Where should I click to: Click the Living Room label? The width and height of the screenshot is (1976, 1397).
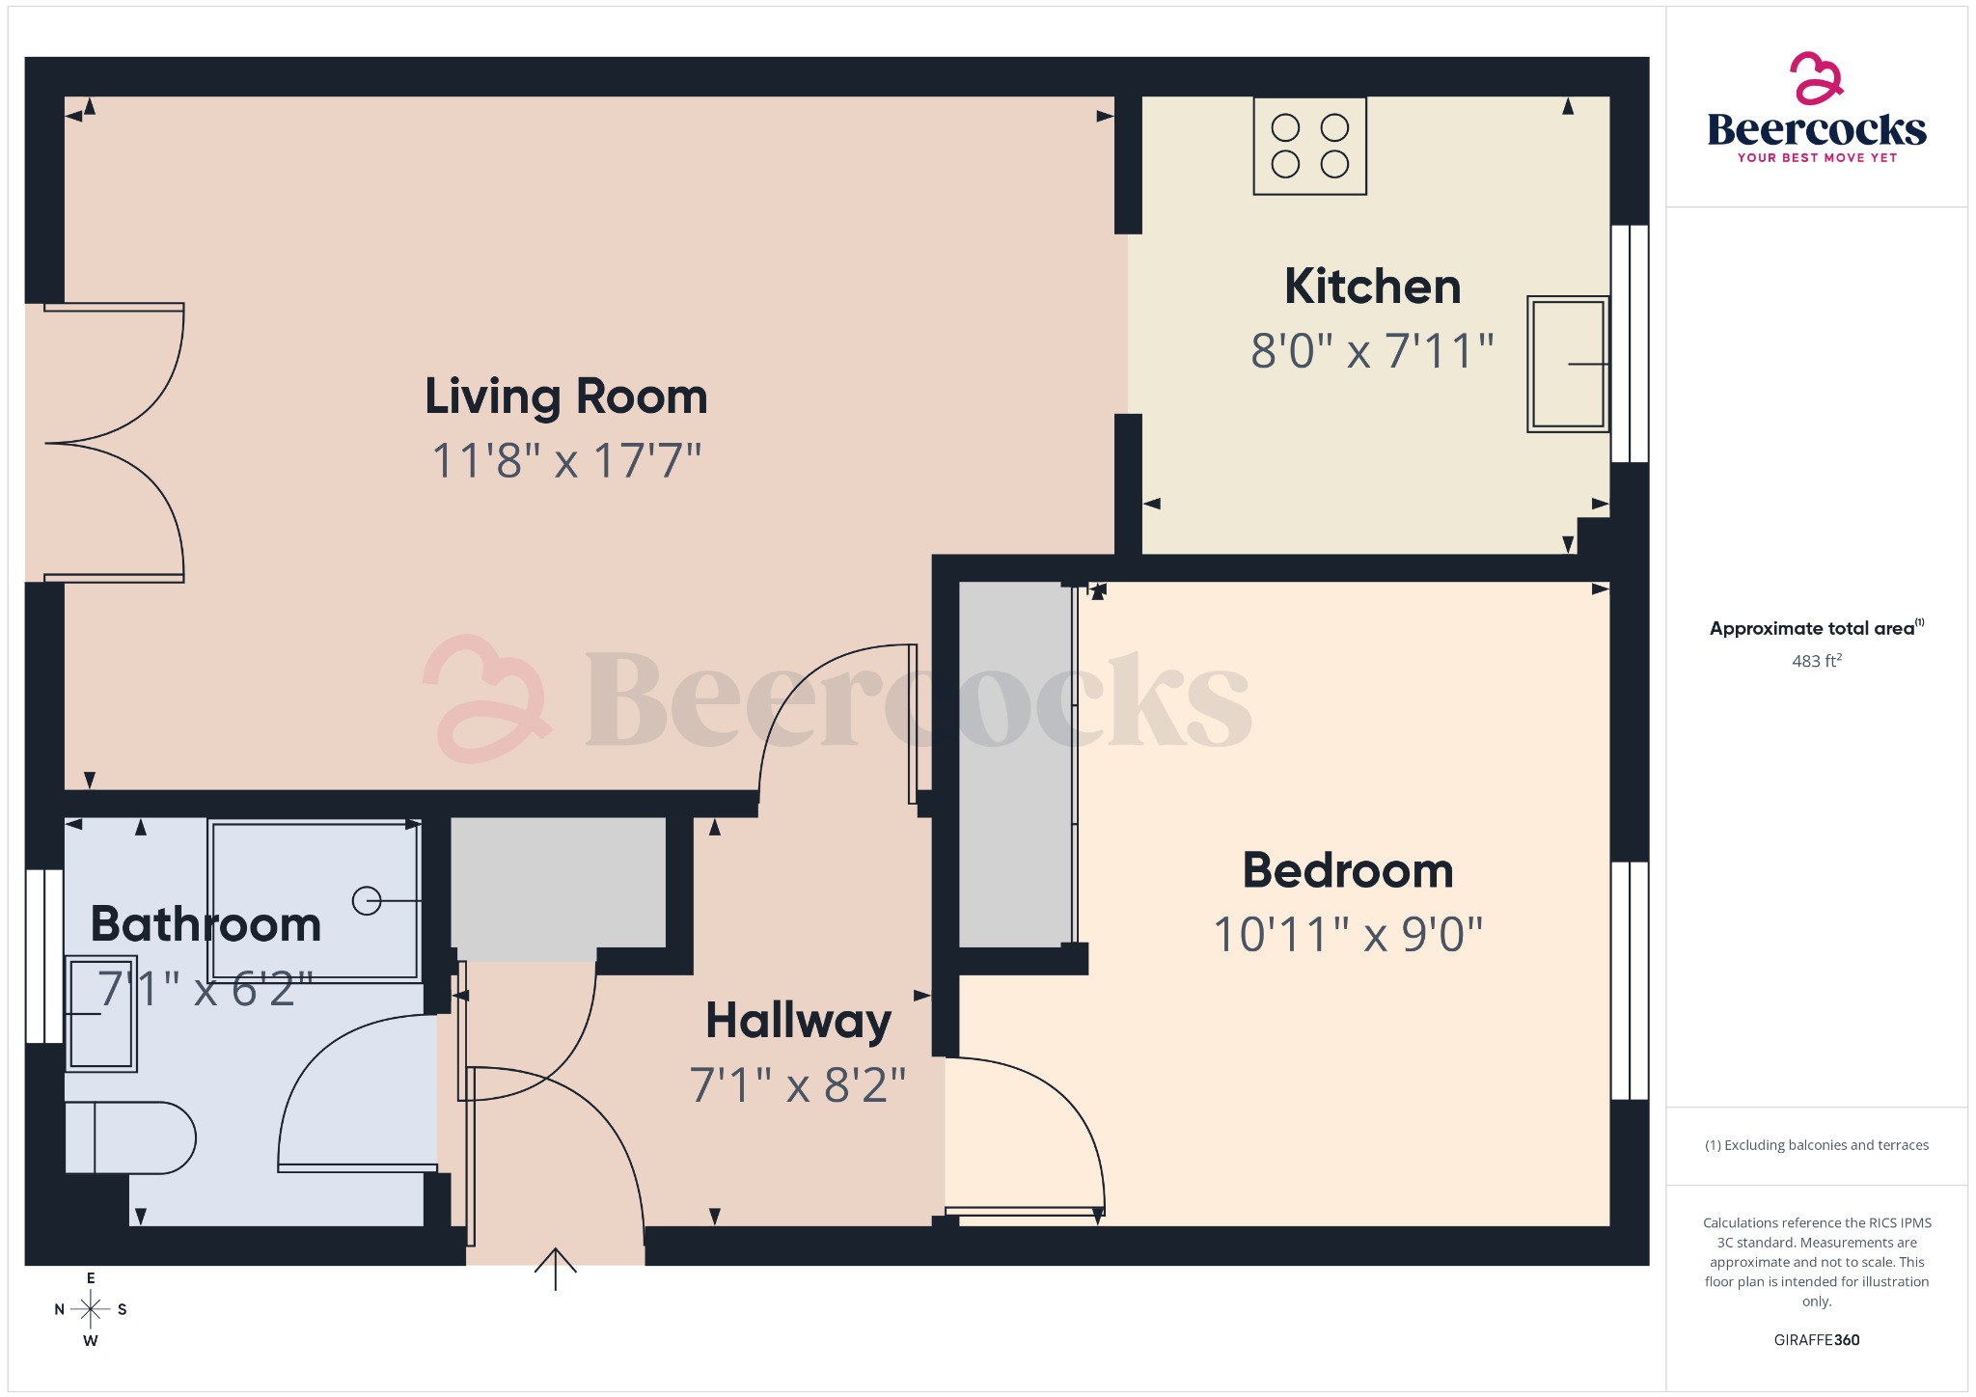(x=566, y=397)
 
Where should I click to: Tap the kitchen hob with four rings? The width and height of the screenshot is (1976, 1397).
(x=1309, y=146)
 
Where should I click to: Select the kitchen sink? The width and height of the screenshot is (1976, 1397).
(x=1568, y=364)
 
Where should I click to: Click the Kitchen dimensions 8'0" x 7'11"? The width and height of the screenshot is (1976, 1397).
(x=1372, y=351)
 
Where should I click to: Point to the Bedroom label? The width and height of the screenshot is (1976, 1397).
(x=1348, y=870)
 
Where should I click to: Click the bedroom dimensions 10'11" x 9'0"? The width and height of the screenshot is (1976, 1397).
(x=1348, y=935)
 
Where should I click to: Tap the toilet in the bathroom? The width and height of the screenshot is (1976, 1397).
(x=129, y=1137)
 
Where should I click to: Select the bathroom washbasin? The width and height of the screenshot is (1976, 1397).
(x=100, y=1013)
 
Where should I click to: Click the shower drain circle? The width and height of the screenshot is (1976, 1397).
(x=367, y=900)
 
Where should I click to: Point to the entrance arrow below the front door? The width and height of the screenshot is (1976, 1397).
(x=556, y=1268)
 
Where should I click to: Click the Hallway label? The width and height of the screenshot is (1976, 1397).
(x=798, y=1021)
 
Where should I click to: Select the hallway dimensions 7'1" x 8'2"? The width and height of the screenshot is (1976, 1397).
(x=798, y=1085)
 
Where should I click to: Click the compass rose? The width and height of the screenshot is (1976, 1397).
(x=91, y=1309)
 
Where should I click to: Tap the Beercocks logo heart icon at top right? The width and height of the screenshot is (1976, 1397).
(x=1816, y=79)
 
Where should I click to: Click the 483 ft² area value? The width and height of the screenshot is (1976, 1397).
(x=1816, y=661)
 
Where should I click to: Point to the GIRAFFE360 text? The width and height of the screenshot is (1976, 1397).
(x=1816, y=1339)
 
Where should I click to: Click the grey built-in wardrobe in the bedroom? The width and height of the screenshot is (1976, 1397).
(x=1015, y=763)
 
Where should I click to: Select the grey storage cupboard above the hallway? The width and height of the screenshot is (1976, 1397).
(x=558, y=883)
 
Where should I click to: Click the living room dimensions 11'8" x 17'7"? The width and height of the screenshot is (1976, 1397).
(x=566, y=461)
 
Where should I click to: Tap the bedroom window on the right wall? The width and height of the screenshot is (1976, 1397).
(x=1630, y=980)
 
